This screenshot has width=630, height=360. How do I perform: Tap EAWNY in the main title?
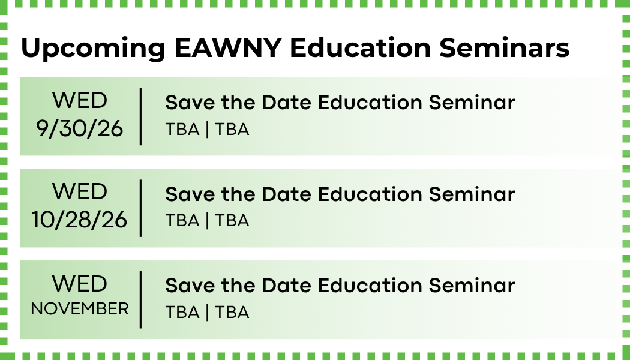point(228,48)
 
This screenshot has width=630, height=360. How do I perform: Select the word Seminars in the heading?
point(504,48)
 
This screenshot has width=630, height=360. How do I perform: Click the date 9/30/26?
point(80,129)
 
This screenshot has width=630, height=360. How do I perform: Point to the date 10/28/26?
point(80,220)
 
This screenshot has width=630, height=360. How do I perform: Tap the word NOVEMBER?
point(80,309)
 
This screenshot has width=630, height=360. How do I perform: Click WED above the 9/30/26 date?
point(80,100)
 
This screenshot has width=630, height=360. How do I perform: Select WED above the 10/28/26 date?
point(80,191)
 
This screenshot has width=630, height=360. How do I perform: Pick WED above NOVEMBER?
point(80,284)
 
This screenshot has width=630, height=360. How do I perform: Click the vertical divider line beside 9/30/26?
point(140,116)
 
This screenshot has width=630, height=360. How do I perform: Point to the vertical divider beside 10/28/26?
point(140,208)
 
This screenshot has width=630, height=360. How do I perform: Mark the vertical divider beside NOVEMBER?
point(140,300)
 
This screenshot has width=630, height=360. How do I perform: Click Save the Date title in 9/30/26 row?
point(340,103)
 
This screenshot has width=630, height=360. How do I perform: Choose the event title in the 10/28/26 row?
point(340,194)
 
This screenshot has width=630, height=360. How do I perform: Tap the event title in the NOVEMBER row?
point(340,286)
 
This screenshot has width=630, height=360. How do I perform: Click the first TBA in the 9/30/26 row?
point(182,130)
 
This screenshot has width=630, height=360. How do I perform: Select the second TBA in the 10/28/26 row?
point(232,221)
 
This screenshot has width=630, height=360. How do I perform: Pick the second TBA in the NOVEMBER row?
point(232,312)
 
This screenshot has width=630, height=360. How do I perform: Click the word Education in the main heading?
point(361,48)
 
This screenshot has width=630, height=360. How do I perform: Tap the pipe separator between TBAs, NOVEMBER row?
point(208,312)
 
